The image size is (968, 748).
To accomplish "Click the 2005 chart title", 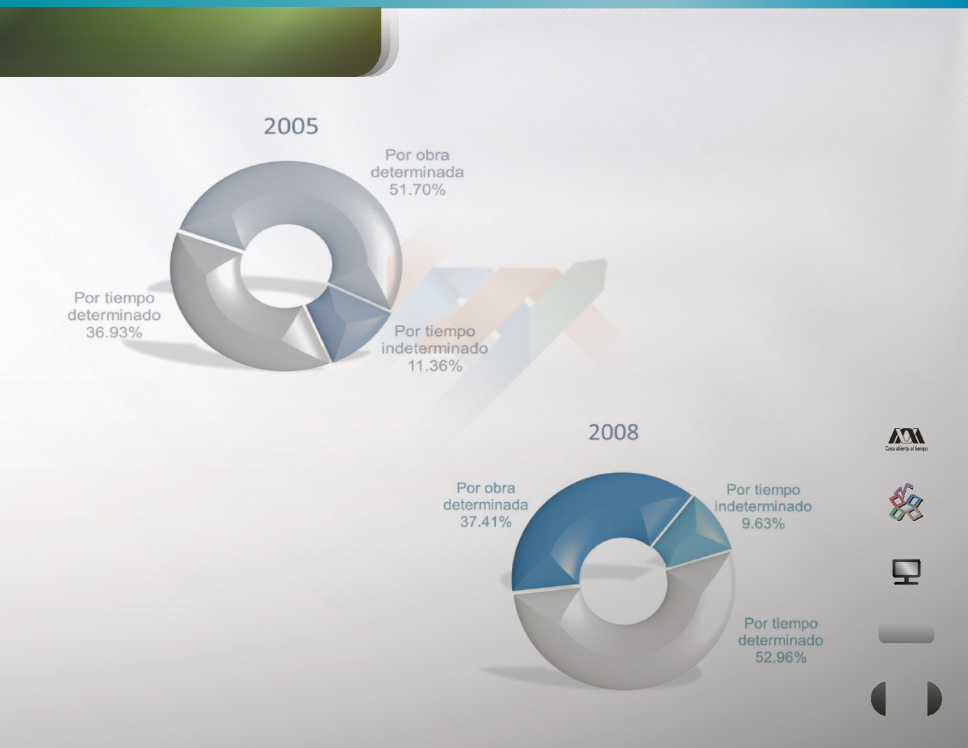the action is pyautogui.click(x=291, y=126).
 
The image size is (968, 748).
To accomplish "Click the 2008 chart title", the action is pyautogui.click(x=613, y=432).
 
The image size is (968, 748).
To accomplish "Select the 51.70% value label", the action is pyautogui.click(x=418, y=190).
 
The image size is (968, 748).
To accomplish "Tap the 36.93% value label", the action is pyautogui.click(x=114, y=332).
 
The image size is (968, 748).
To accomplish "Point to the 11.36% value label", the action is pyautogui.click(x=435, y=366).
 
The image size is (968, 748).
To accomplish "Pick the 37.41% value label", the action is pyautogui.click(x=485, y=522).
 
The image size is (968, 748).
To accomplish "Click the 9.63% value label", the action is pyautogui.click(x=763, y=524).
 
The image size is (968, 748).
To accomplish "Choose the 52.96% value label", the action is pyautogui.click(x=780, y=658).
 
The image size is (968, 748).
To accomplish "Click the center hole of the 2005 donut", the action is pyautogui.click(x=286, y=266).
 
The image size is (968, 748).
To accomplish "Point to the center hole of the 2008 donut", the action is pyautogui.click(x=623, y=580).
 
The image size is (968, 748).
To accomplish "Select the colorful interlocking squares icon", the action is pyautogui.click(x=906, y=502).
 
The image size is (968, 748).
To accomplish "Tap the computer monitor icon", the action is pyautogui.click(x=906, y=571).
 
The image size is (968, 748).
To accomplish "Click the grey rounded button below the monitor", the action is pyautogui.click(x=906, y=634).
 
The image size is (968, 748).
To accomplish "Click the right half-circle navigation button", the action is pyautogui.click(x=934, y=698).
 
